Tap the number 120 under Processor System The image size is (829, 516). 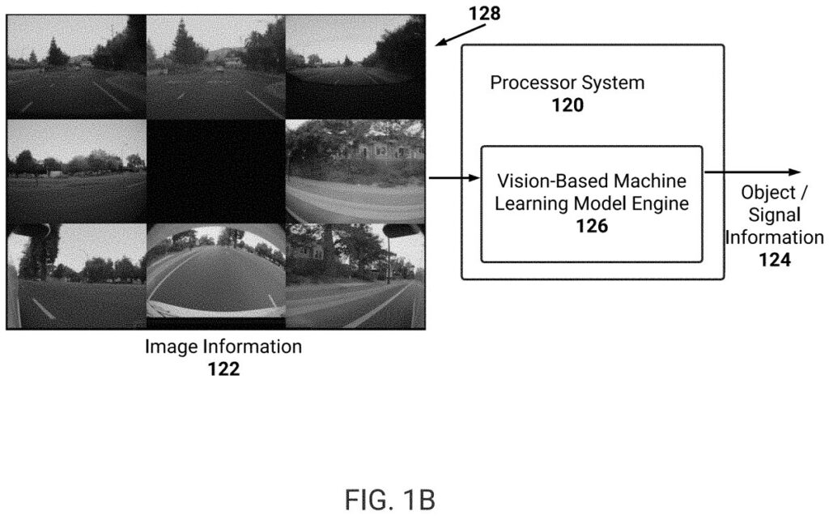pos(567,104)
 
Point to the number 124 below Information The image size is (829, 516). pos(774,260)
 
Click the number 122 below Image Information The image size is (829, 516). pos(223,369)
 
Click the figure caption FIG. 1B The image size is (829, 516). pos(390,500)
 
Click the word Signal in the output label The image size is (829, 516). pos(774,215)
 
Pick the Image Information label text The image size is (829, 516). pos(223,348)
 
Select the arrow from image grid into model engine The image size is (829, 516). pos(453,176)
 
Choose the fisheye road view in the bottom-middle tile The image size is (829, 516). pos(215,275)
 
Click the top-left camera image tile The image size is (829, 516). pos(76,66)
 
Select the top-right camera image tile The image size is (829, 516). pos(355,66)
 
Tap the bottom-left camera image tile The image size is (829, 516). pos(76,275)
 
